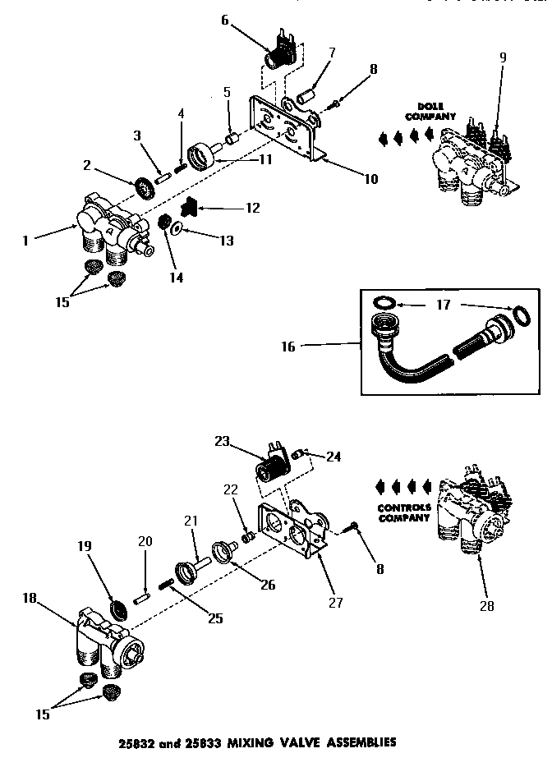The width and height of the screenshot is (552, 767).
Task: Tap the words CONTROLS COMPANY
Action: pyautogui.click(x=404, y=512)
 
